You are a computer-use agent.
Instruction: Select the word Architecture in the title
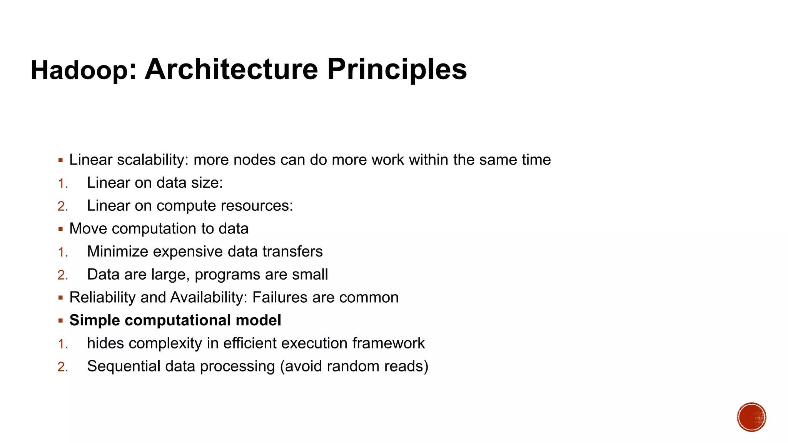pos(231,70)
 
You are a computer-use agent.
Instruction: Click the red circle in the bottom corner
pos(751,417)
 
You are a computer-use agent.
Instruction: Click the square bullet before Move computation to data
pos(61,229)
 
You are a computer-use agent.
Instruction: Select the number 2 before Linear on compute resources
pos(62,207)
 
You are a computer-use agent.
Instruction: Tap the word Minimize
pos(117,251)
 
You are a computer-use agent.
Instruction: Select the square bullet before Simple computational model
pos(61,321)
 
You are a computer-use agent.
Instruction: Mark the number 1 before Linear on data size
pos(62,183)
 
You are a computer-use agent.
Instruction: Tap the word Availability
pos(209,298)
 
